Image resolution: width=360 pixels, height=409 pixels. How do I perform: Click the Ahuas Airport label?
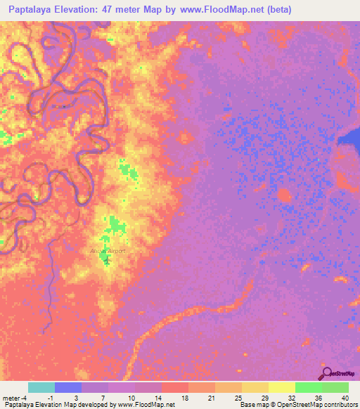coord(107,250)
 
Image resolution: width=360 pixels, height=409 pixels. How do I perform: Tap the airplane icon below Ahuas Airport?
coord(107,260)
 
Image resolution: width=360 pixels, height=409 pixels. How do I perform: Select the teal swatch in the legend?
coord(41,387)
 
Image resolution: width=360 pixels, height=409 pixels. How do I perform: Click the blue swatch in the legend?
coord(68,387)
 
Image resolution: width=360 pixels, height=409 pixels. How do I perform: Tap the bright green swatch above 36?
coord(308,387)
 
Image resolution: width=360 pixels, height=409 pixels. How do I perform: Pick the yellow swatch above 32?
coord(281,387)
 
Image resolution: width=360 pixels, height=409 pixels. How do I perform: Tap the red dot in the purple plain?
coord(284,195)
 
